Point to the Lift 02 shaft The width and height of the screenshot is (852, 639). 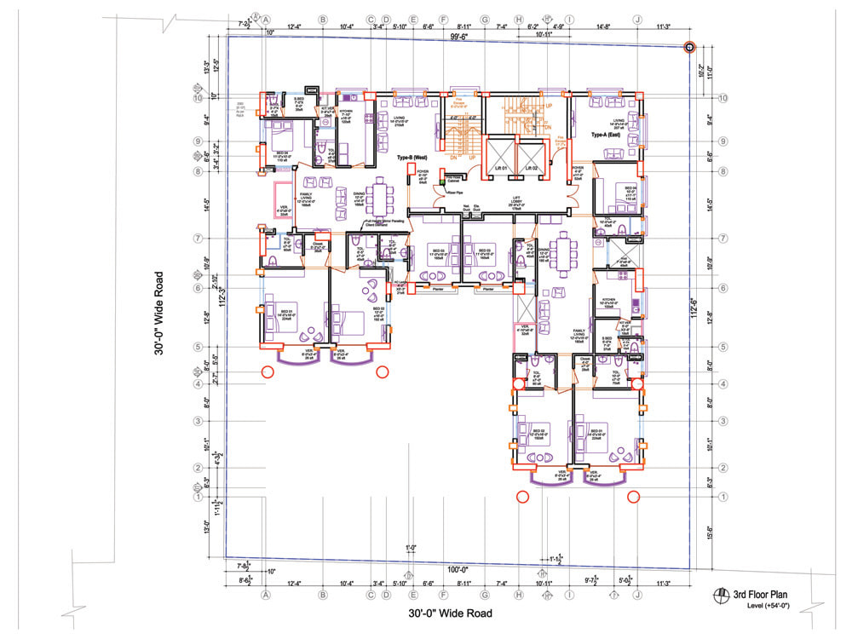click(534, 158)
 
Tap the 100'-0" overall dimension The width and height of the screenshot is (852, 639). click(458, 569)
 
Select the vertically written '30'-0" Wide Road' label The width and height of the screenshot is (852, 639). click(159, 315)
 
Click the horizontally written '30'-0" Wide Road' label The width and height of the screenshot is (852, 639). click(450, 613)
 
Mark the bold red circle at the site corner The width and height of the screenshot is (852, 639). click(690, 49)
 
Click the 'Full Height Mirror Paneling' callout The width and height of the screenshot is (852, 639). click(389, 223)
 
